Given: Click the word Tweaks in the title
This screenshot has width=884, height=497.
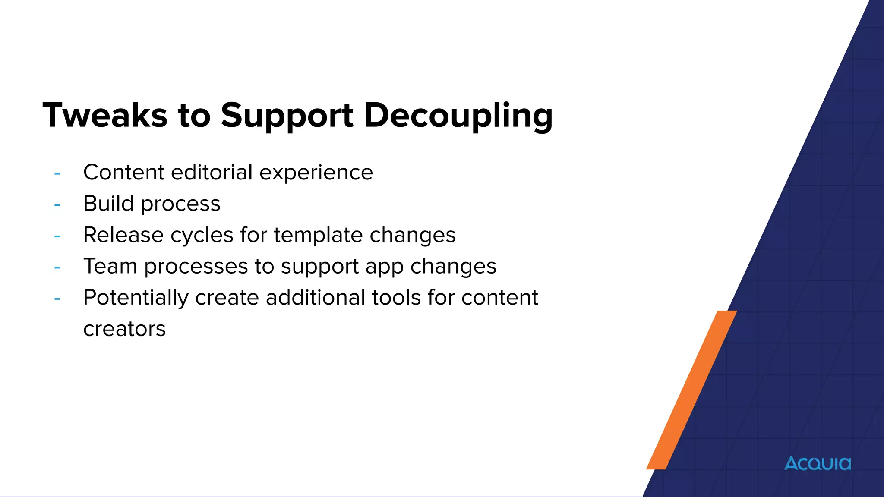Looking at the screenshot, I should [105, 115].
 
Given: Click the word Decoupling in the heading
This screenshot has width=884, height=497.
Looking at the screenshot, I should [458, 115].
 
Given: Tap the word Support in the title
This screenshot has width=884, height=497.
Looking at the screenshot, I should [287, 115].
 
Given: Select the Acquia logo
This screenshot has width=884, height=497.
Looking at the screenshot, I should [818, 463].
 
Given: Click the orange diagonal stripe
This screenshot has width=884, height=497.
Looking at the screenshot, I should [691, 390].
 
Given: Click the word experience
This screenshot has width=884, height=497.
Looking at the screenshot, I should [316, 173].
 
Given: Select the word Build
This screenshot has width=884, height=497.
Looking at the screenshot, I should [108, 203].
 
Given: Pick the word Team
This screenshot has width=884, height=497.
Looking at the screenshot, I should [110, 266].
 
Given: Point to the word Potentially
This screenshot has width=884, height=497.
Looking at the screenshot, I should [136, 298].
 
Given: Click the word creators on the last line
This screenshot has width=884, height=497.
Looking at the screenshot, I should [124, 329].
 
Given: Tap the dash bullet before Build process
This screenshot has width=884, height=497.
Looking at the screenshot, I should [57, 204].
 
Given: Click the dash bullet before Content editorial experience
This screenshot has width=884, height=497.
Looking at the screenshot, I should [57, 173].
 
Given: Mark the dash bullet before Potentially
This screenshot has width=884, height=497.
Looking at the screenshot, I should [57, 299].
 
